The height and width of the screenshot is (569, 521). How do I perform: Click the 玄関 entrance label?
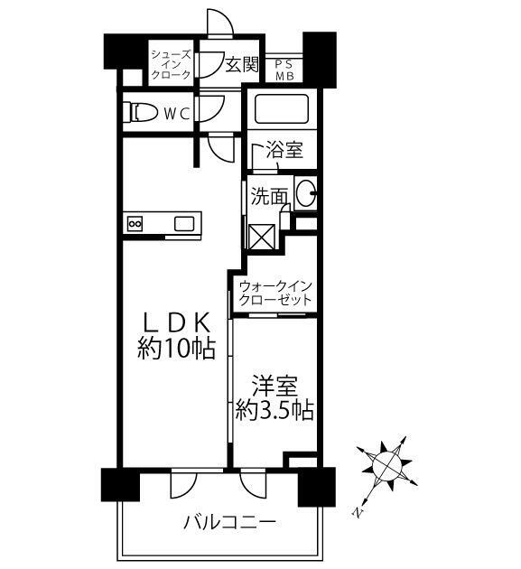pyautogui.click(x=242, y=65)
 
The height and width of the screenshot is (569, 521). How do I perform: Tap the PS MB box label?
pyautogui.click(x=284, y=70)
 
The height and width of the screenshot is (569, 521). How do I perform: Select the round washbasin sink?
pyautogui.click(x=306, y=191)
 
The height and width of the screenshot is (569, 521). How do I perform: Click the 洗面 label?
pyautogui.click(x=269, y=194)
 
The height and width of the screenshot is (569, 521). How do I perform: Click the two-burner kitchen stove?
pyautogui.click(x=135, y=223)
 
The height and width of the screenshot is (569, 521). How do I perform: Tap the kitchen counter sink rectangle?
pyautogui.click(x=184, y=223)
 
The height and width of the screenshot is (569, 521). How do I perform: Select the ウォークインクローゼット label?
pyautogui.click(x=275, y=293)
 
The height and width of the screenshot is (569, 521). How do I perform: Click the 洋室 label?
pyautogui.click(x=274, y=386)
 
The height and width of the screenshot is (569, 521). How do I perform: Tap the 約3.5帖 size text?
pyautogui.click(x=274, y=411)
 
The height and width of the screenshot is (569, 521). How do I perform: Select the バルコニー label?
pyautogui.click(x=228, y=522)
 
